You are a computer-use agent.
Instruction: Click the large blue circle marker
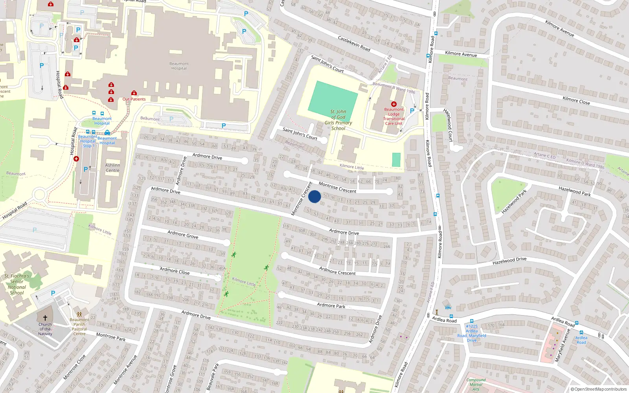(314, 196)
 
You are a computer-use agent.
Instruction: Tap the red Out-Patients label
(134, 99)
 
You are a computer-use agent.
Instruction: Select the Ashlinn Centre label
(112, 168)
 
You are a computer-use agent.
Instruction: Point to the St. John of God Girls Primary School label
(338, 120)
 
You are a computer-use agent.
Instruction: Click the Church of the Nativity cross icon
(45, 318)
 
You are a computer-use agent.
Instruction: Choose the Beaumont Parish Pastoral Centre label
(79, 327)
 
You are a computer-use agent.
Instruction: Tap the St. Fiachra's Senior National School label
(17, 284)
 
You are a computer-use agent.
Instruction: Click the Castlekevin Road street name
(354, 43)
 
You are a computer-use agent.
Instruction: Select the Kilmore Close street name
(576, 101)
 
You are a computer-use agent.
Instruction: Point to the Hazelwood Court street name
(448, 125)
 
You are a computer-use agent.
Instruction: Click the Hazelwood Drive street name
(509, 261)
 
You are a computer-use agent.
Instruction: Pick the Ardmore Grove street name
(183, 235)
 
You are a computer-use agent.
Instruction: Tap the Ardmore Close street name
(175, 271)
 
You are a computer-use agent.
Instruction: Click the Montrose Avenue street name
(125, 370)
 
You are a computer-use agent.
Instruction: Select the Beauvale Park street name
(213, 376)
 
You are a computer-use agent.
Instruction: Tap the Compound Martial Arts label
(476, 384)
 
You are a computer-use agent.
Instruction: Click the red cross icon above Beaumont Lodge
(394, 104)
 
